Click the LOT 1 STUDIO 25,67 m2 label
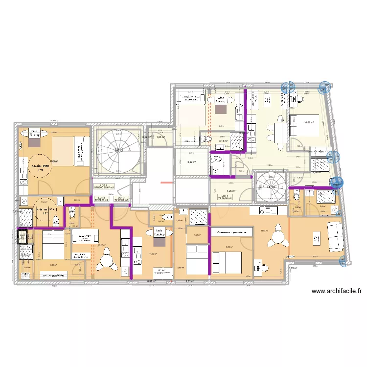[104, 186]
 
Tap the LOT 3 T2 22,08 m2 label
[121, 199]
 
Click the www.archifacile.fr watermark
[337, 291]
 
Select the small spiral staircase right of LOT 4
[269, 186]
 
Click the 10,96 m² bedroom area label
[309, 123]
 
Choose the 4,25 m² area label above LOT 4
[230, 191]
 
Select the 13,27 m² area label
[102, 245]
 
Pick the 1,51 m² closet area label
[197, 235]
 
